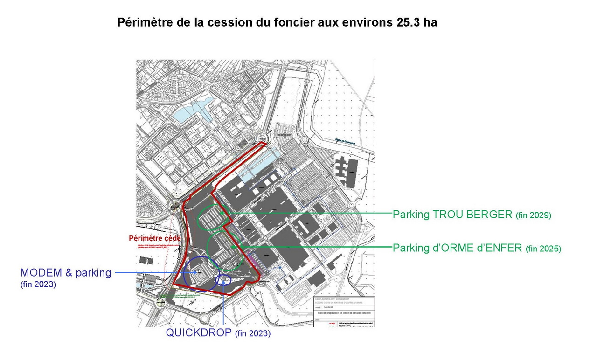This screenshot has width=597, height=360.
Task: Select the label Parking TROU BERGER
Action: coord(452,215)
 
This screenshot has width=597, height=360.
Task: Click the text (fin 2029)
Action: coord(534,215)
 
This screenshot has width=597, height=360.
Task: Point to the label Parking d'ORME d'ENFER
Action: coord(457,248)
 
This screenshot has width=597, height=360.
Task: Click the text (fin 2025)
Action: coord(543,249)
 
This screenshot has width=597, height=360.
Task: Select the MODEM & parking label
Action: coord(66,273)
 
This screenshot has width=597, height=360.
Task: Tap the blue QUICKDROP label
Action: coord(199,333)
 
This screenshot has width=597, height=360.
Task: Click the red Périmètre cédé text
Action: coord(154,238)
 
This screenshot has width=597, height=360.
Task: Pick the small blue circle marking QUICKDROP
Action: coord(224,279)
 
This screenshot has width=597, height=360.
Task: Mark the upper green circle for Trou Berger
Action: coord(213,218)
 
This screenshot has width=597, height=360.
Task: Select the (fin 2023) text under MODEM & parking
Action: coord(38,284)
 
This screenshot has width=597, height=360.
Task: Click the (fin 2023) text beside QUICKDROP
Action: coord(253,334)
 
